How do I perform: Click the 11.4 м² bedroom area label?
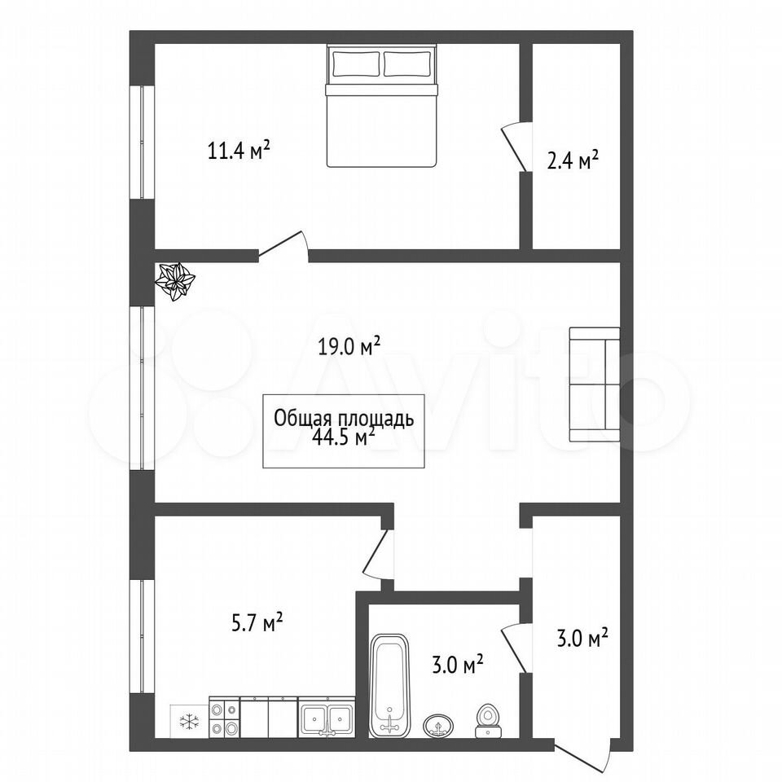pyautogui.click(x=239, y=150)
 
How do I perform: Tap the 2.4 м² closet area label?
pyautogui.click(x=573, y=161)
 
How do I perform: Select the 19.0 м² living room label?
pyautogui.click(x=349, y=347)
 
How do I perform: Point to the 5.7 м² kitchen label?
pyautogui.click(x=257, y=623)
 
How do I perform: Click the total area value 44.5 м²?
pyautogui.click(x=343, y=437)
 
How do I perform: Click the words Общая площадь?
pyautogui.click(x=344, y=419)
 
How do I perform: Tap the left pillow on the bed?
pyautogui.click(x=356, y=64)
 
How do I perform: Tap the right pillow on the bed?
pyautogui.click(x=407, y=64)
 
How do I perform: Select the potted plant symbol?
pyautogui.click(x=175, y=282)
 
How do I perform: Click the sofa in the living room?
pyautogui.click(x=595, y=384)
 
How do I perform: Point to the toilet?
pyautogui.click(x=487, y=721)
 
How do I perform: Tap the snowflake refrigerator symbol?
pyautogui.click(x=190, y=721)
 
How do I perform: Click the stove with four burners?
pyautogui.click(x=225, y=718)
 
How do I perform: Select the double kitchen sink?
pyautogui.click(x=327, y=718)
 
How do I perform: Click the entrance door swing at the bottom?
pyautogui.click(x=583, y=758)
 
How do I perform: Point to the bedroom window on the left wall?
pyautogui.click(x=142, y=143)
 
